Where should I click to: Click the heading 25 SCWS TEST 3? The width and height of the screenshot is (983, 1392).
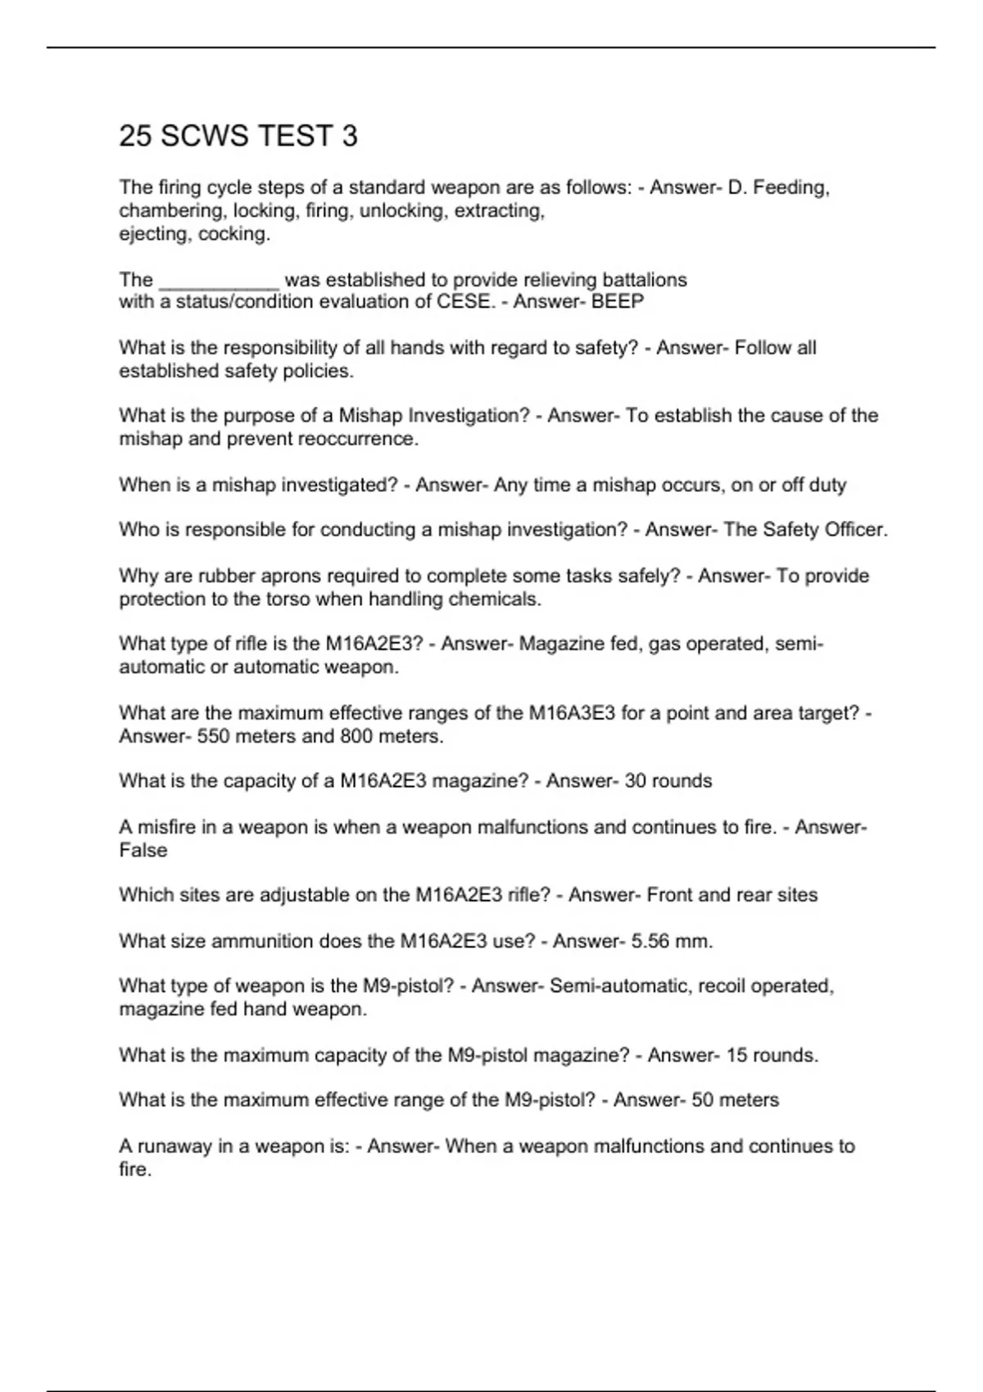click(238, 136)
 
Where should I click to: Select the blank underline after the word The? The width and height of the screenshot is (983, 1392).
click(219, 282)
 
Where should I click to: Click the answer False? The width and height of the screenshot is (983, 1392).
click(143, 850)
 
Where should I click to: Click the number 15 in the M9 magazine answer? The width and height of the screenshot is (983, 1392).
click(736, 1055)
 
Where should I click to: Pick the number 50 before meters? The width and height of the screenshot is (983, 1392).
click(703, 1100)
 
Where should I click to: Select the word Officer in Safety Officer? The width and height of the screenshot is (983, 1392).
click(856, 530)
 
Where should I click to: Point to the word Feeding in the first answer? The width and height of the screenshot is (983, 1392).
click(790, 188)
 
